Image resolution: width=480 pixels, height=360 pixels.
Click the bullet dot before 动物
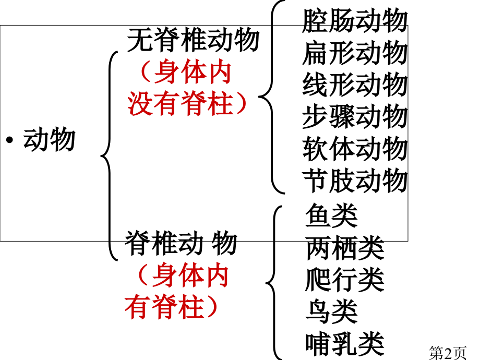pyautogui.click(x=9, y=140)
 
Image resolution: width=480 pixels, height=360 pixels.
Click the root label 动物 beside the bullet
pyautogui.click(x=49, y=140)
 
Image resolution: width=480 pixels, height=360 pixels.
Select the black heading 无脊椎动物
pyautogui.click(x=193, y=40)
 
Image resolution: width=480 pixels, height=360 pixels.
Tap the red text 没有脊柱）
pyautogui.click(x=187, y=103)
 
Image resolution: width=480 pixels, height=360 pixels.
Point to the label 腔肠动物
pyautogui.click(x=355, y=20)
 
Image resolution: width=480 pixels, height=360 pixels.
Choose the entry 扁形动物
pyautogui.click(x=355, y=53)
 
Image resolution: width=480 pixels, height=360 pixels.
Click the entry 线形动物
pyautogui.click(x=355, y=85)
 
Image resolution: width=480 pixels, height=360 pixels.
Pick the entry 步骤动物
pyautogui.click(x=355, y=117)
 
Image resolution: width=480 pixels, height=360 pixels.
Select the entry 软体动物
pyautogui.click(x=355, y=149)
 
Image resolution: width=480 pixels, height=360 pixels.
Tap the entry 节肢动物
pyautogui.click(x=355, y=181)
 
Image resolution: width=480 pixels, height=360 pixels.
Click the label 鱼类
pyautogui.click(x=331, y=215)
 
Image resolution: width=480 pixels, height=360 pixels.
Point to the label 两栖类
pyautogui.click(x=345, y=247)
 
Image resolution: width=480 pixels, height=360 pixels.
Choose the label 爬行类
pyautogui.click(x=345, y=280)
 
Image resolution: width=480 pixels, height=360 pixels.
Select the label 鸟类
pyautogui.click(x=331, y=311)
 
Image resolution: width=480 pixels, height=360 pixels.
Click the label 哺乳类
pyautogui.click(x=345, y=343)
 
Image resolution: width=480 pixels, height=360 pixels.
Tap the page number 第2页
pyautogui.click(x=448, y=353)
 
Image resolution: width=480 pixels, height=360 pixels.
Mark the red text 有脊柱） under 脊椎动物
pyautogui.click(x=171, y=307)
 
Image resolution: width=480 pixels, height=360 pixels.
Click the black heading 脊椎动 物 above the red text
pyautogui.click(x=181, y=243)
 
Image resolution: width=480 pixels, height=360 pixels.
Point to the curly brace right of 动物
pyautogui.click(x=110, y=156)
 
